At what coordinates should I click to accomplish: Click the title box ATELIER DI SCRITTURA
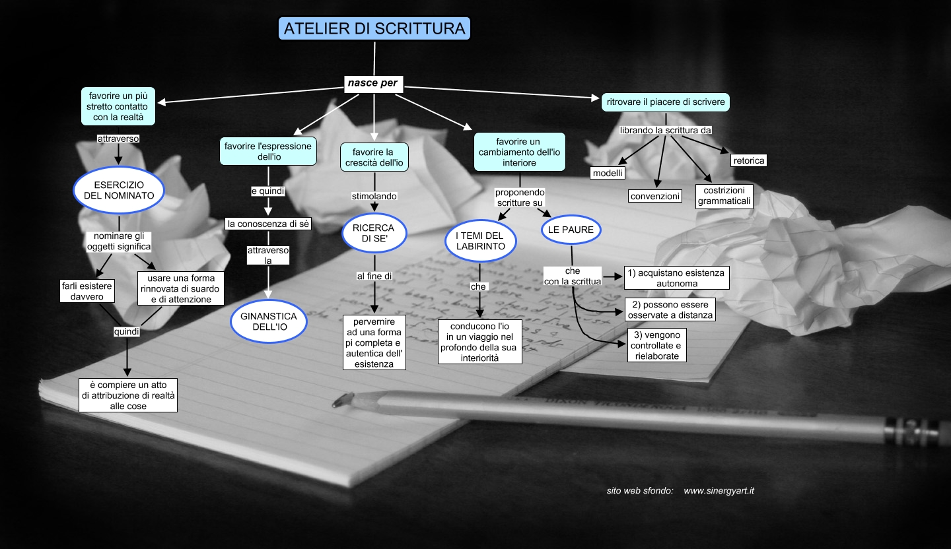click(x=374, y=28)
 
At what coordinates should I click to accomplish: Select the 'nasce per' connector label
click(x=374, y=83)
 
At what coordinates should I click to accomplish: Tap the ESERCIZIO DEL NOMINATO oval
click(x=119, y=189)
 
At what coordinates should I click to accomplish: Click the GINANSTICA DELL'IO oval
click(x=269, y=322)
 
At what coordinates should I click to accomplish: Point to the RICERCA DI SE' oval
click(x=373, y=234)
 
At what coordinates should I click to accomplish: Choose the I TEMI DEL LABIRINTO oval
click(x=480, y=241)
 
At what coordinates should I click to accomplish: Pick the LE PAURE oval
click(x=571, y=230)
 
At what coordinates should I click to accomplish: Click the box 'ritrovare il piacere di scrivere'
click(x=666, y=102)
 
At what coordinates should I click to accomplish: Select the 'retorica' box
click(x=748, y=160)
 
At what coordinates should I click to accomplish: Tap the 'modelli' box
click(x=608, y=173)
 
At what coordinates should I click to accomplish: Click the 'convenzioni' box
click(x=654, y=196)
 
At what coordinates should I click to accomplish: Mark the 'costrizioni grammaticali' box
click(x=724, y=196)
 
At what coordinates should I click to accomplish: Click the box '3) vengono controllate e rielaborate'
click(x=654, y=346)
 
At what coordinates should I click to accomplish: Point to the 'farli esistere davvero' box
click(x=86, y=291)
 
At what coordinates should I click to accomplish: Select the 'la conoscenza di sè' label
click(x=269, y=224)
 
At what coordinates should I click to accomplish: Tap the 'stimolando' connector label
click(x=374, y=196)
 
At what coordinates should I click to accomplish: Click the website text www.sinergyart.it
click(x=719, y=491)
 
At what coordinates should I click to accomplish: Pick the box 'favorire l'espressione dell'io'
click(x=267, y=151)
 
